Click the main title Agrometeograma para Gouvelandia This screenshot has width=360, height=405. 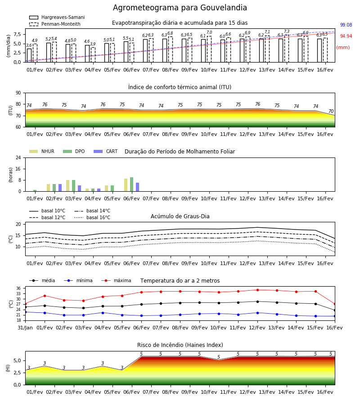point(180,8)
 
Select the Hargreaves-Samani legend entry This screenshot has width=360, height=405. point(57,17)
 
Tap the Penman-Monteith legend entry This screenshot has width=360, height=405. point(55,24)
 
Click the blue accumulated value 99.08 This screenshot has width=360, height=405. point(346,25)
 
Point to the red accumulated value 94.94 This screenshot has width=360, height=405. point(346,36)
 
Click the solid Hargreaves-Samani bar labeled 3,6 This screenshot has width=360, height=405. point(29,55)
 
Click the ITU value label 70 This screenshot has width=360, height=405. point(331,111)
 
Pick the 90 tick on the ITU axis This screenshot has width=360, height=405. point(18,93)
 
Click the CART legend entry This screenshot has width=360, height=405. point(106,151)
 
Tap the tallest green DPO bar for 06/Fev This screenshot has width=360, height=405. point(132,184)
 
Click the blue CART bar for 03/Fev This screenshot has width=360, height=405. point(80,188)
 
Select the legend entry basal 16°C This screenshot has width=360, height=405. point(92,217)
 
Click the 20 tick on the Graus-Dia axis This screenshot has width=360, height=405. point(18,224)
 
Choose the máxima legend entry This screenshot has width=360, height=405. point(116,280)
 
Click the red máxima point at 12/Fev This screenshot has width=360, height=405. point(257,290)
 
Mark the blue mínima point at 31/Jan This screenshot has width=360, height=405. point(26,312)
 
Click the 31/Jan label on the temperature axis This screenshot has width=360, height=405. point(25,328)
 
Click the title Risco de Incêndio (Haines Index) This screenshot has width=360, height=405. point(180,345)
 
